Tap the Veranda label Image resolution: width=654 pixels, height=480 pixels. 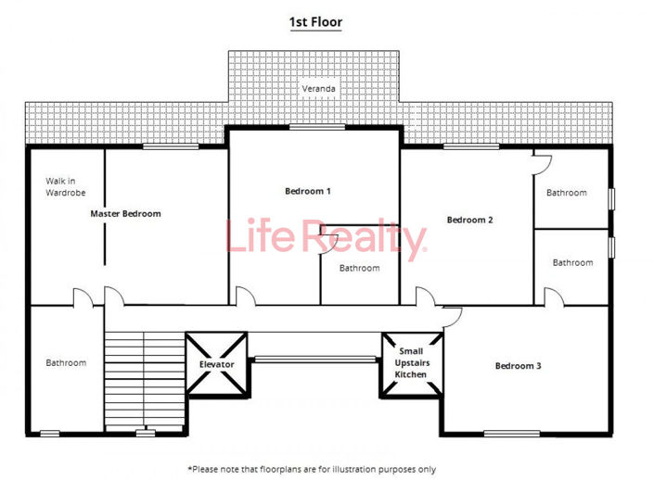317,89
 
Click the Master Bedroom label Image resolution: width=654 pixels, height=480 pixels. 125,213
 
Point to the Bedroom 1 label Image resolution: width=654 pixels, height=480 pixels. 307,191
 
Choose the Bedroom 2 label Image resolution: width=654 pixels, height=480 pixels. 469,220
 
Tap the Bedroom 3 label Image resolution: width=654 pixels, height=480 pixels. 518,366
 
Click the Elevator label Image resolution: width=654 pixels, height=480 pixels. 217,364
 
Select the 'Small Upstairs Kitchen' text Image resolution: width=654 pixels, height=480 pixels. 412,362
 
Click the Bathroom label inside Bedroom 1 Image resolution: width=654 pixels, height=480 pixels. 359,268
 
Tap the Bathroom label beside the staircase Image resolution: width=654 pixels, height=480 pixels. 66,362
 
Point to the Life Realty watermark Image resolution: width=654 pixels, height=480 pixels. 327,241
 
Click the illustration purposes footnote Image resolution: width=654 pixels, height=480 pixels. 312,469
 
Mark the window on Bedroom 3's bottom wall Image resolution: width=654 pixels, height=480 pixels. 511,433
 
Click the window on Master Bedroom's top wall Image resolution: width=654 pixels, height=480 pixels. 171,146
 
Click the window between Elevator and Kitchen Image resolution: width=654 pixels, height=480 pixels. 315,359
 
